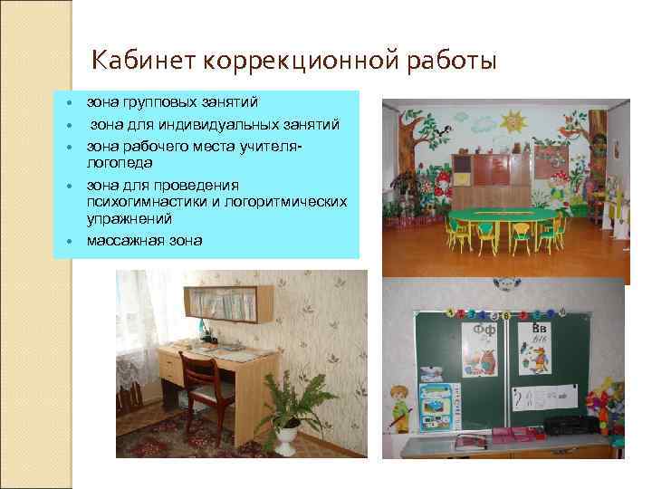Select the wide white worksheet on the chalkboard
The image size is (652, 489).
[545, 397]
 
